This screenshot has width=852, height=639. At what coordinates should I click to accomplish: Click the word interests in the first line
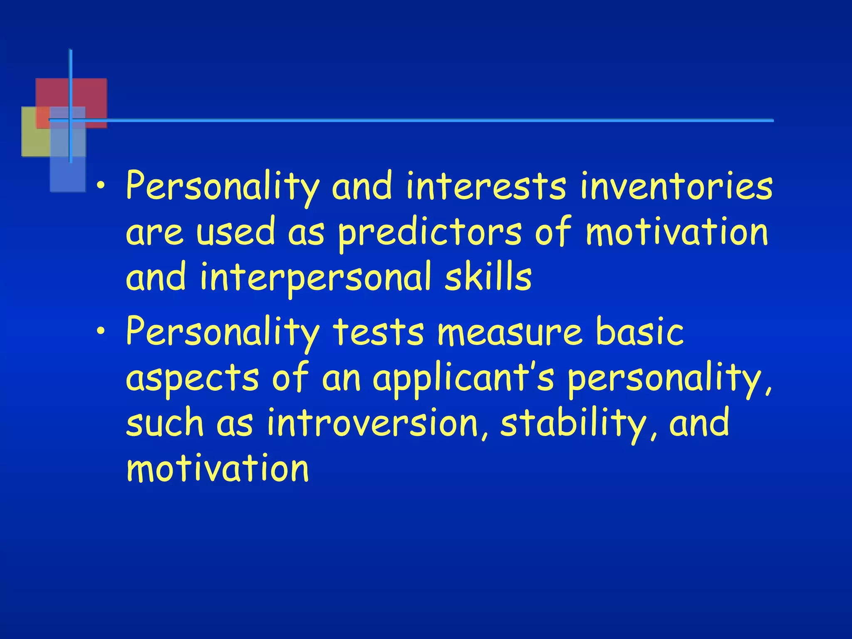486,186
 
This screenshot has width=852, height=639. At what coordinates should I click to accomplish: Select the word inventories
676,186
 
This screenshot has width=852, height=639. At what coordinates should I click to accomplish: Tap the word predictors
429,232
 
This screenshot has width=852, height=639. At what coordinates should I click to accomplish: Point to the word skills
488,277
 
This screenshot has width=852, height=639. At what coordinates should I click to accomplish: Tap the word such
165,423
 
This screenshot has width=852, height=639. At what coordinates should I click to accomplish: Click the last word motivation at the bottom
218,469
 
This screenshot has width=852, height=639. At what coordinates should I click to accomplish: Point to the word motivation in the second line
676,232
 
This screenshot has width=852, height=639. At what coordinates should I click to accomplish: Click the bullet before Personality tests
100,332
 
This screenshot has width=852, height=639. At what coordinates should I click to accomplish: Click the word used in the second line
236,232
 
